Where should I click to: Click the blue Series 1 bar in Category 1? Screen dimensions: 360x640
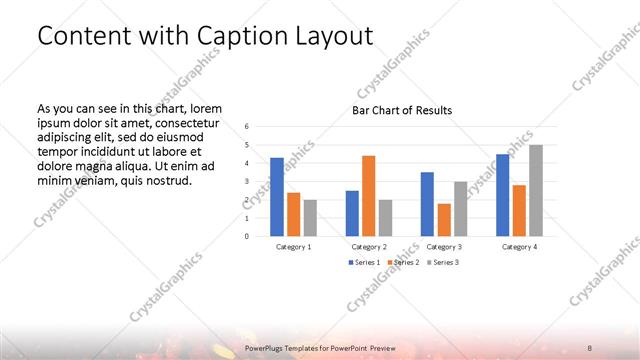[277, 197]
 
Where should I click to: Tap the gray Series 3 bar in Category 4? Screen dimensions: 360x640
[535, 190]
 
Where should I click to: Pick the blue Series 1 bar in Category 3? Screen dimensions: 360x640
[427, 204]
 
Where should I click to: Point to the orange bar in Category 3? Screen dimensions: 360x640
[444, 220]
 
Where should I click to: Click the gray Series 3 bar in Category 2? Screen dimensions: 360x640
[385, 218]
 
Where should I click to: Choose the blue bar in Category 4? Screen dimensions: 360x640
[503, 195]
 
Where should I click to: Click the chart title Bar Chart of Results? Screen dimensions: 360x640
[402, 110]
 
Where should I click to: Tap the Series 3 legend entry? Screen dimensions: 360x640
[446, 262]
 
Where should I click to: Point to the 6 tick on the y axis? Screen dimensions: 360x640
[247, 126]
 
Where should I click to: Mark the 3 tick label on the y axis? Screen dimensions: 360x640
[247, 181]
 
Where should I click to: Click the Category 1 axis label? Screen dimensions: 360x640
[293, 246]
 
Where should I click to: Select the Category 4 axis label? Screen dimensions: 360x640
[519, 246]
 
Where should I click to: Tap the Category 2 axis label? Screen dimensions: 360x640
[368, 246]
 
